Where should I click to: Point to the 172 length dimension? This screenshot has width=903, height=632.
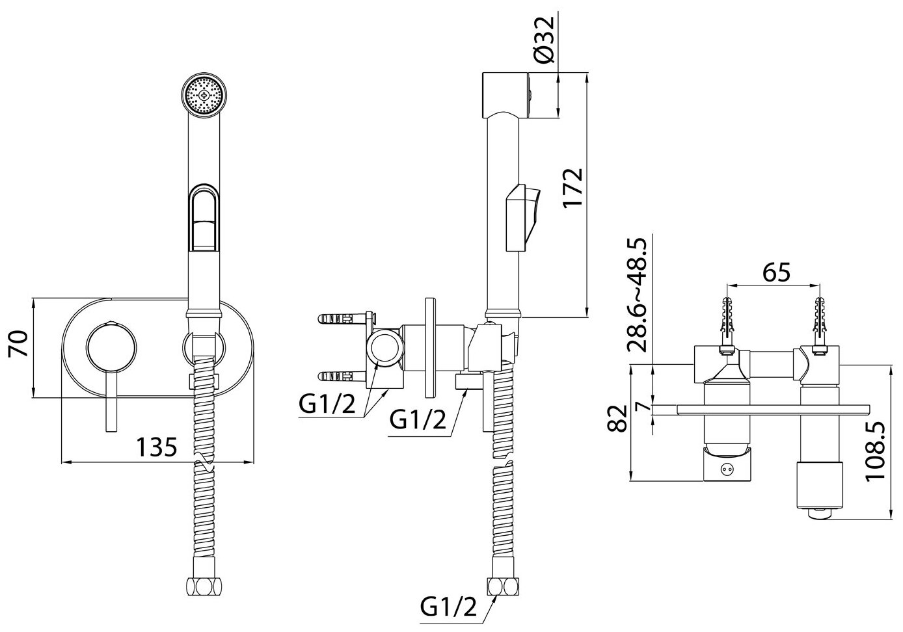(573, 189)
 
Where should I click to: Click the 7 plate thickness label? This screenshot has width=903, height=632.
(644, 408)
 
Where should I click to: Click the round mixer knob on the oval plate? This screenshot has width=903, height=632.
(112, 347)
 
